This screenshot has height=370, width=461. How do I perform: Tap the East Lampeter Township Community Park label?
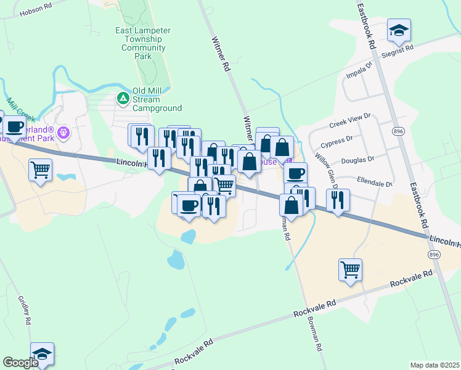coord(143,43)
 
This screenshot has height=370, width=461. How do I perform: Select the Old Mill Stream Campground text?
coord(157,99)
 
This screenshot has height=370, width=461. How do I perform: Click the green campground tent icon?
coord(123,97)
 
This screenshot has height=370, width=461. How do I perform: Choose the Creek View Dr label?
coord(349,120)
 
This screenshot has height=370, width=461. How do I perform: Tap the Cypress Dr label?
coord(337,142)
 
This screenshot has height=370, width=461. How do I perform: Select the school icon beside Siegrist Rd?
coord(399,29)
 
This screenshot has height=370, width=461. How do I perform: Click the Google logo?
coord(20,363)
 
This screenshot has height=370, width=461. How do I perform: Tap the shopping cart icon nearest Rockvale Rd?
coord(350,269)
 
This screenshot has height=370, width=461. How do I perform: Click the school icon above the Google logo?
coord(42,353)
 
